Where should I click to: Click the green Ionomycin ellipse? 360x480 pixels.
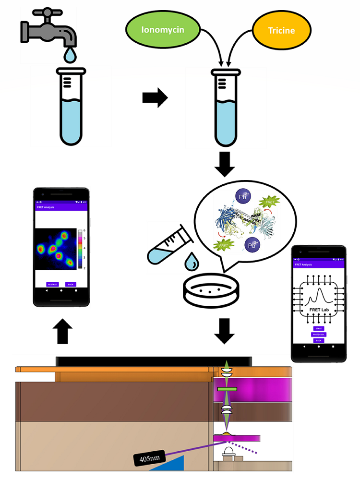point(163,30)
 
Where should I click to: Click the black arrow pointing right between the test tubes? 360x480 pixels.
point(155,98)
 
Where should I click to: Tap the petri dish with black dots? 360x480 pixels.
point(212,290)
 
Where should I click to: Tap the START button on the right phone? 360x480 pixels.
point(319,328)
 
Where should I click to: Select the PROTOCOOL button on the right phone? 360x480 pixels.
point(319,334)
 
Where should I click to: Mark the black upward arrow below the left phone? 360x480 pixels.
point(64,332)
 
